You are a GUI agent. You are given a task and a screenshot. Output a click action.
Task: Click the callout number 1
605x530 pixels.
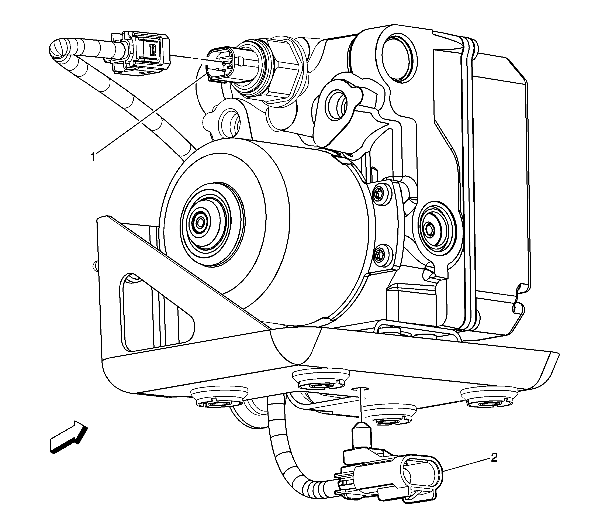(93, 157)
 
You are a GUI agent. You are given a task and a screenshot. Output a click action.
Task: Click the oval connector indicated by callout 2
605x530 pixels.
(420, 475)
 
